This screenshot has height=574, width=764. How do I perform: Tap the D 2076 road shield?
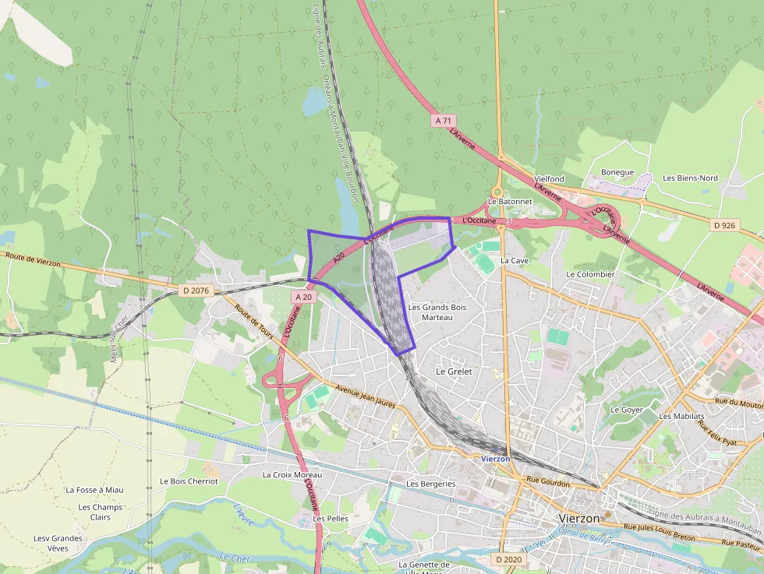196,291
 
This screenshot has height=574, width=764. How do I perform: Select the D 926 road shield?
724,225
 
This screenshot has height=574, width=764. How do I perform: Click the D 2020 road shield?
508,559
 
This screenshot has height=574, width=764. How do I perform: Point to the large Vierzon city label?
580,518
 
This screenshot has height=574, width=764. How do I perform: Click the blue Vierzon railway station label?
496,459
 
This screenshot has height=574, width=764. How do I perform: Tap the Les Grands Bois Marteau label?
437,312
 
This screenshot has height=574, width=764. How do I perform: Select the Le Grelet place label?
454,372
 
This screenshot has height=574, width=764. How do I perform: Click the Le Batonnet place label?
510,201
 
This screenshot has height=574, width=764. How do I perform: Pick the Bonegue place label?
617,172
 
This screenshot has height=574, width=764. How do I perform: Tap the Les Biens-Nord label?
690,178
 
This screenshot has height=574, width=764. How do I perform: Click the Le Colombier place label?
590,274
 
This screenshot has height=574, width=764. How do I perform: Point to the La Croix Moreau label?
292,474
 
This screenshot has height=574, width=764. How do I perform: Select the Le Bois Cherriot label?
189,481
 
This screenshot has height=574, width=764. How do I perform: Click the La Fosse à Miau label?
94,490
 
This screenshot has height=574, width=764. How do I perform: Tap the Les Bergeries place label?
430,484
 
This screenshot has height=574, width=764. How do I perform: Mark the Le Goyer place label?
627,410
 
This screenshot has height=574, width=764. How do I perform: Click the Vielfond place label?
549,179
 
